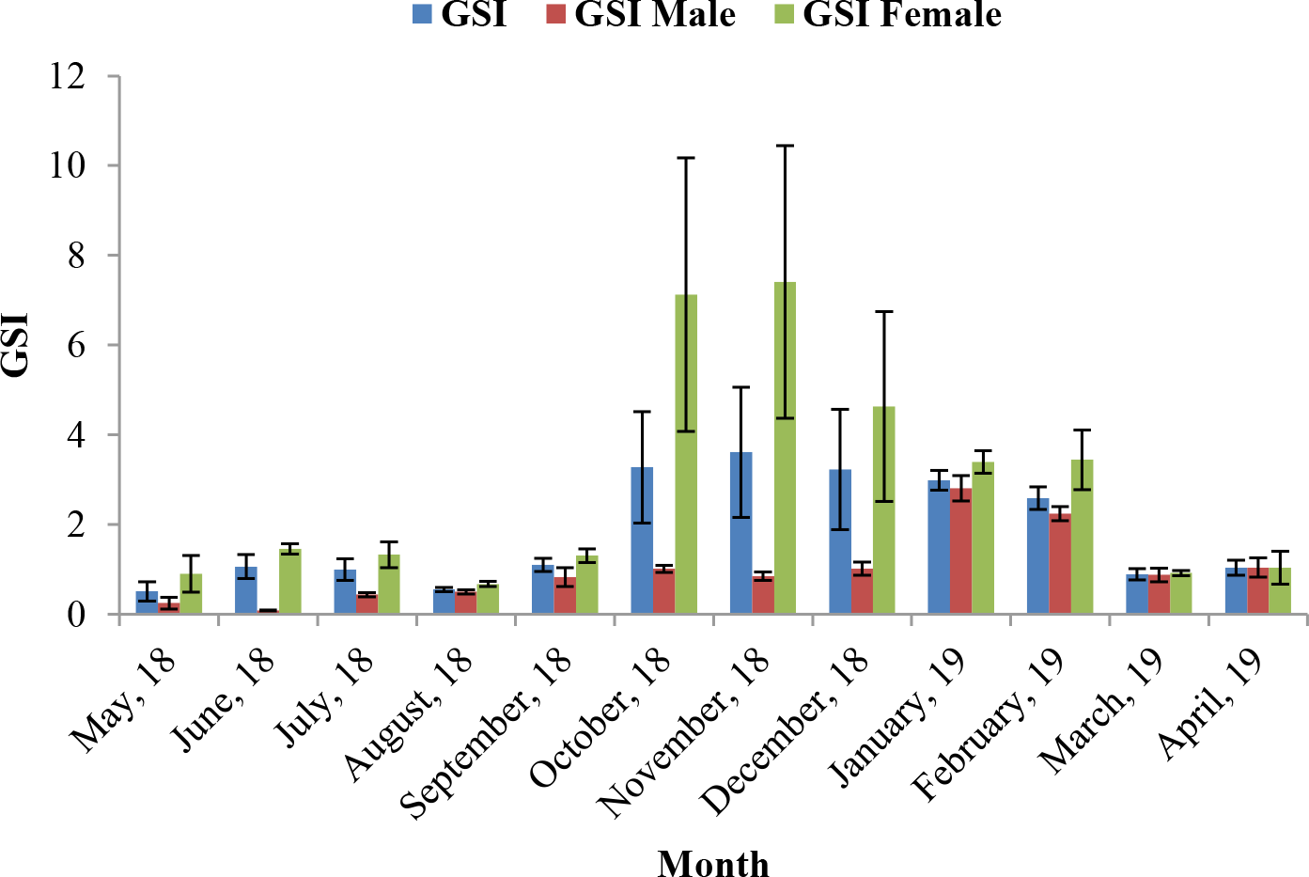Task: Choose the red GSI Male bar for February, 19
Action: [x=1060, y=563]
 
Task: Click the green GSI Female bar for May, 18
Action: [x=191, y=594]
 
